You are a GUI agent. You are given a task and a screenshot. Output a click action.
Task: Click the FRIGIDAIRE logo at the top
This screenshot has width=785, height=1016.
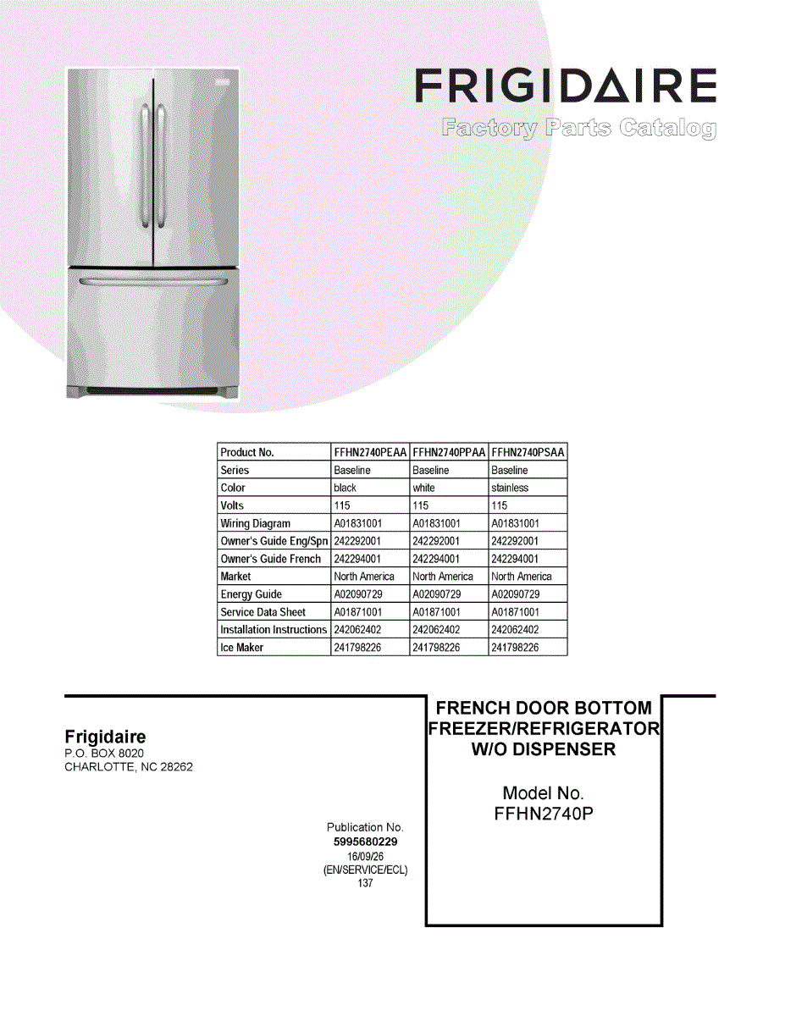566,87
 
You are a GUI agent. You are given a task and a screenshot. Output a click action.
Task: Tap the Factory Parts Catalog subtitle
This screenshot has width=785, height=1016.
578,129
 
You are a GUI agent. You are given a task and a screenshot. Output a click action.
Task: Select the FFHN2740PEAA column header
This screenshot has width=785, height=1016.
370,452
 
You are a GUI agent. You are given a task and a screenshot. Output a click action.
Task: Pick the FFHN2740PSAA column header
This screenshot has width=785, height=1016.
528,452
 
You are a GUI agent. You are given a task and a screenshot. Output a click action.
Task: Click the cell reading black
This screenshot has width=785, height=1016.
346,488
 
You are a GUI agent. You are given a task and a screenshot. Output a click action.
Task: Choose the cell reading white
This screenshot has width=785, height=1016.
423,488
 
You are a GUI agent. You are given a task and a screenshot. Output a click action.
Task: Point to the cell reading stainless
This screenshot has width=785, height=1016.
510,488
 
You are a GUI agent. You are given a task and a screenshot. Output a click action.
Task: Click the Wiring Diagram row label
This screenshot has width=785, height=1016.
255,523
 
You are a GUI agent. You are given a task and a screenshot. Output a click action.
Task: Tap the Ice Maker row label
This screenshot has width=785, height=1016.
242,648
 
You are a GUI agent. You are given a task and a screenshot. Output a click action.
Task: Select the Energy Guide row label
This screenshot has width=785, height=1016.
252,594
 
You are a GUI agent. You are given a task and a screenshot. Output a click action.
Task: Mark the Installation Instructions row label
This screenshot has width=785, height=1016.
274,630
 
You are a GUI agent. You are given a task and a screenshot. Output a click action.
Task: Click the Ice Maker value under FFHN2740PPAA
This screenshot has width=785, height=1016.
436,648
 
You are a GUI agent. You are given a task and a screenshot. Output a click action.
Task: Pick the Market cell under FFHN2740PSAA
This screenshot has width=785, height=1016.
522,577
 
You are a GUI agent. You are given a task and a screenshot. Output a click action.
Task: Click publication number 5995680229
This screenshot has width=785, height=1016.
366,842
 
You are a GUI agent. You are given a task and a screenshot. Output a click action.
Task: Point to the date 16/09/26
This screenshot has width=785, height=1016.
366,856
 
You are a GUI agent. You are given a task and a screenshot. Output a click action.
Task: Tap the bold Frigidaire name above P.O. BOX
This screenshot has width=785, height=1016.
105,737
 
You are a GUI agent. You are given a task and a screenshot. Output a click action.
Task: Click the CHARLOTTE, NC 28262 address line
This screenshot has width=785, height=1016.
129,768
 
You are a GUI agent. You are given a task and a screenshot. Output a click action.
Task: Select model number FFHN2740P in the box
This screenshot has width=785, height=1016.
543,814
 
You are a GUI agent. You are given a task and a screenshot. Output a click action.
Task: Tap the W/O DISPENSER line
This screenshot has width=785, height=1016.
543,749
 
